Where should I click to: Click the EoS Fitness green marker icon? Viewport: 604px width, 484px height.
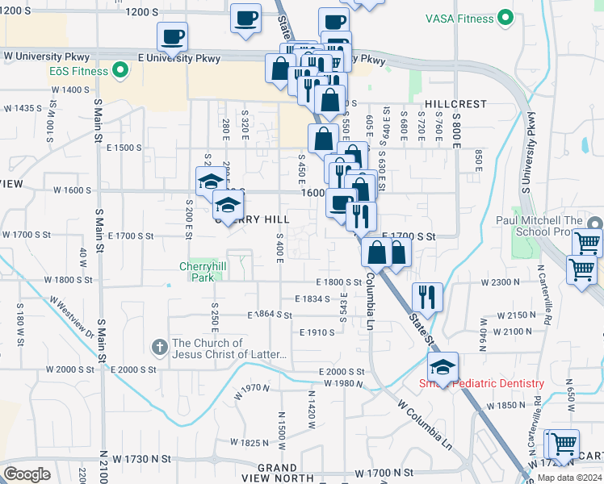(121, 71)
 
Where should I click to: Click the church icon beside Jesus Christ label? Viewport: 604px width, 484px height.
(160, 347)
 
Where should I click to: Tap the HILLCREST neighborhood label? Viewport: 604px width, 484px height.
(456, 104)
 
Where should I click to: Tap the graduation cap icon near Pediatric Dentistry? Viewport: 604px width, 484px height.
(443, 367)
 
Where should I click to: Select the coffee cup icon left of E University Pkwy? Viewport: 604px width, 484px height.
(172, 36)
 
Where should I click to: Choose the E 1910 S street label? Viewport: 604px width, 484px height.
(317, 332)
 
